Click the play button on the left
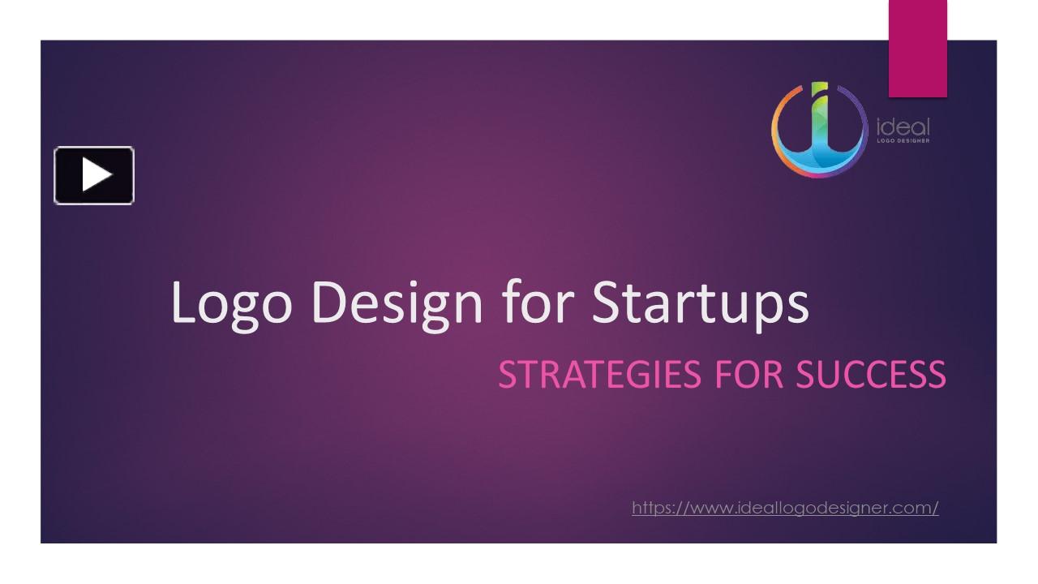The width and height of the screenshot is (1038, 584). [94, 174]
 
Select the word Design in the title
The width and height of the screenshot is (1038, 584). [397, 303]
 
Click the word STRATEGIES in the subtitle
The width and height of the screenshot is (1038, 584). [599, 375]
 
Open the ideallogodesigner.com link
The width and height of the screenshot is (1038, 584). [785, 508]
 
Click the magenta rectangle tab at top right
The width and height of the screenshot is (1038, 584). [917, 49]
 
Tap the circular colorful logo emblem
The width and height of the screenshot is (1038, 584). [818, 130]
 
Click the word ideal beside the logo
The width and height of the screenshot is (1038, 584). [903, 127]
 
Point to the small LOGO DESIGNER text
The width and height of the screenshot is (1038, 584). [903, 141]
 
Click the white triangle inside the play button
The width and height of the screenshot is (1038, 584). [96, 174]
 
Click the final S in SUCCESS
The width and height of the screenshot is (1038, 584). [935, 375]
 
